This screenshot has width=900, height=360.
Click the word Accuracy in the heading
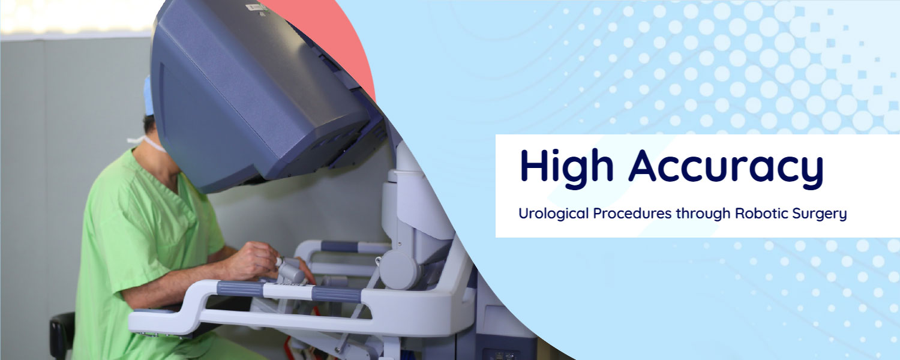(726, 167)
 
